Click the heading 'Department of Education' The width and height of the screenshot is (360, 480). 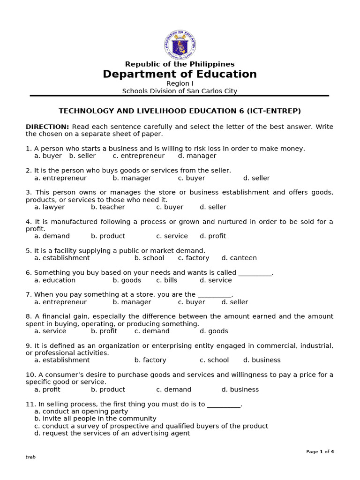[x=180, y=75]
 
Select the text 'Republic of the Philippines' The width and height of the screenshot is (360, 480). [x=180, y=64]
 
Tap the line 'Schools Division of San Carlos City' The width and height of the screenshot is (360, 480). [x=180, y=91]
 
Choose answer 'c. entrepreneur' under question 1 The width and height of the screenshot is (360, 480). [x=139, y=156]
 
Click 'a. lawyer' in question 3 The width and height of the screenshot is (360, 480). [x=49, y=207]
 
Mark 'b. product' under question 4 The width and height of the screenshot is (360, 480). [x=108, y=236]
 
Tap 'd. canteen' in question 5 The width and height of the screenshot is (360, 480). [x=239, y=258]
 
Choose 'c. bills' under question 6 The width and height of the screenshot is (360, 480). [x=167, y=280]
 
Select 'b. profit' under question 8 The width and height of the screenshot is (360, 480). [x=104, y=331]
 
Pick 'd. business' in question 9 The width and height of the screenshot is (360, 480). [x=262, y=360]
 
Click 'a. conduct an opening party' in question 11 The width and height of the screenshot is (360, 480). [x=81, y=412]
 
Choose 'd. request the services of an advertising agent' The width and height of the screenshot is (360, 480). [x=112, y=434]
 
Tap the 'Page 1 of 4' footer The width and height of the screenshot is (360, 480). [x=320, y=452]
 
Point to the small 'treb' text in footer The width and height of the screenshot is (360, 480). [x=30, y=457]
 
